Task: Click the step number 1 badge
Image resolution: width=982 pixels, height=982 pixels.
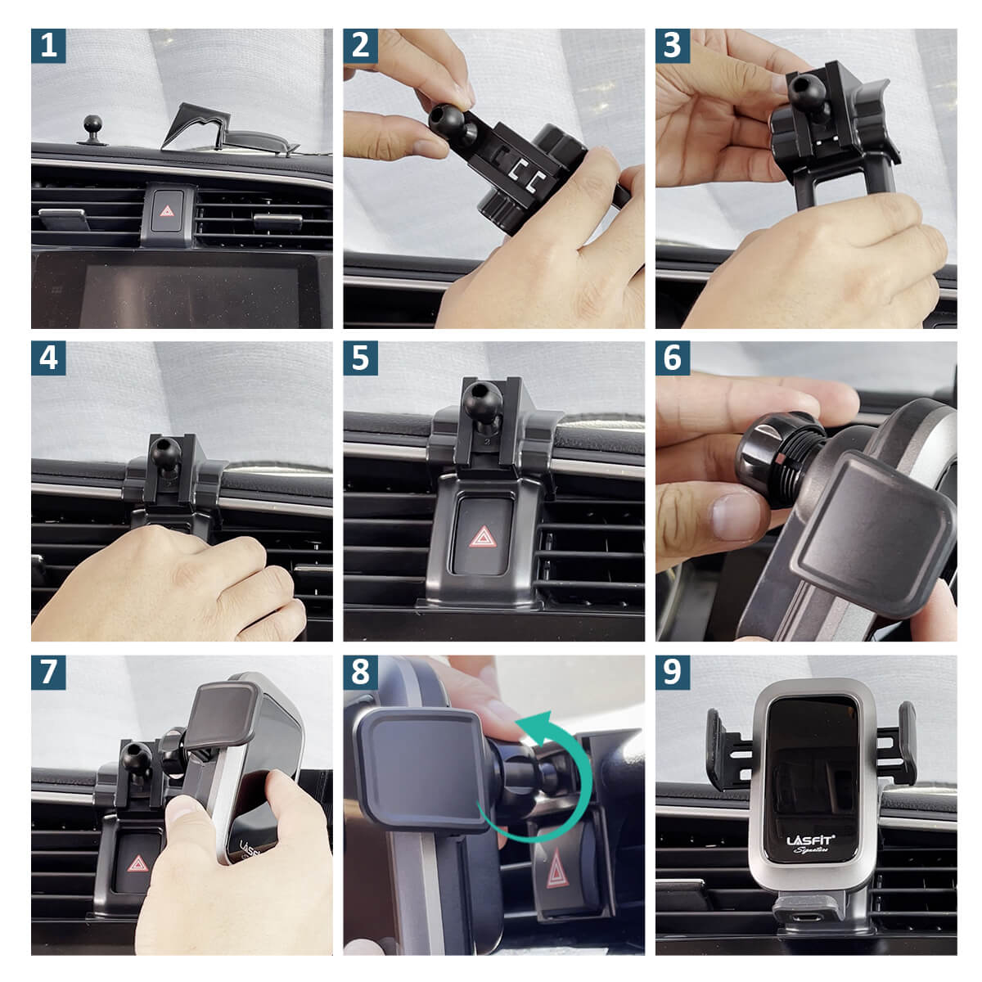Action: [x=48, y=46]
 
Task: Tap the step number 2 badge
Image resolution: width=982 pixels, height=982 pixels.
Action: [x=360, y=46]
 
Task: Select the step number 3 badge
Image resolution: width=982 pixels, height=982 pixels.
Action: [x=672, y=46]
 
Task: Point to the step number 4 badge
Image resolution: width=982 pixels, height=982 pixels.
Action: [x=48, y=358]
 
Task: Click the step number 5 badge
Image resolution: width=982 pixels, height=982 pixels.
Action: [x=360, y=358]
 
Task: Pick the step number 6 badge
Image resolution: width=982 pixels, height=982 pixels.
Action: [x=672, y=358]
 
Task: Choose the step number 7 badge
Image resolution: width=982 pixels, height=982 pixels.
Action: [x=48, y=671]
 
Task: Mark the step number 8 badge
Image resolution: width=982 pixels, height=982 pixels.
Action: [x=360, y=671]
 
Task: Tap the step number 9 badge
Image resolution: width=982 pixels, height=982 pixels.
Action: [x=672, y=671]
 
